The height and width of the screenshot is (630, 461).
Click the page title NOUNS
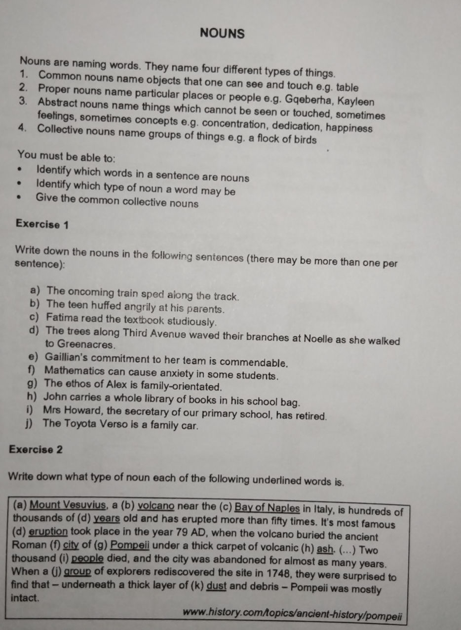[x=223, y=34]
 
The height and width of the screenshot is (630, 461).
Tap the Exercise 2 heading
[x=36, y=449]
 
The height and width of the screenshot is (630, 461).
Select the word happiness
[x=347, y=128]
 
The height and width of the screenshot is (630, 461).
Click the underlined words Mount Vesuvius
[x=68, y=506]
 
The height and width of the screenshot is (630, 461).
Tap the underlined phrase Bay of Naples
[x=267, y=508]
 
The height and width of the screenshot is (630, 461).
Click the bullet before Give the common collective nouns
[x=20, y=200]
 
